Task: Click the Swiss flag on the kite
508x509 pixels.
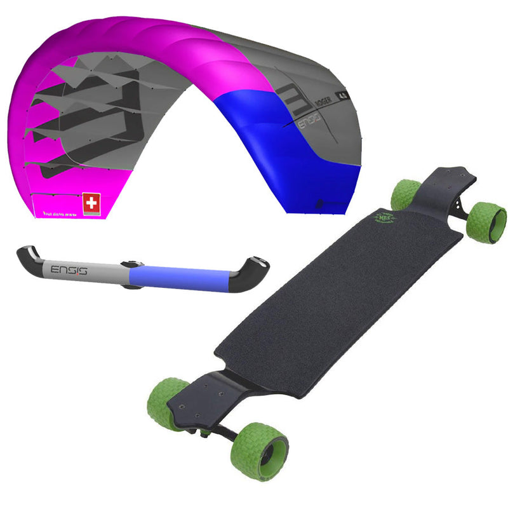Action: pos(93,203)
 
